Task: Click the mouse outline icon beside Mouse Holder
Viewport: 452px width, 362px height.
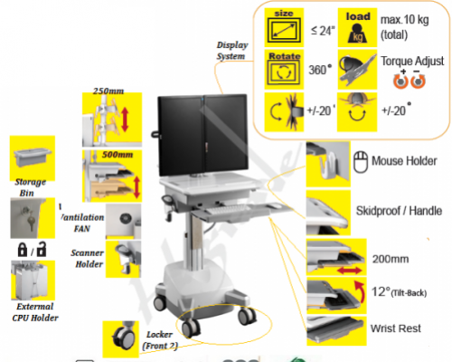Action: (361, 162)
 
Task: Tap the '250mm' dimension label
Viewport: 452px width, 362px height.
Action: (108, 90)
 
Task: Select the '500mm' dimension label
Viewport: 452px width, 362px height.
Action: (118, 155)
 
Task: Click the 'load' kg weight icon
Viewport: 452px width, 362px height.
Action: (357, 27)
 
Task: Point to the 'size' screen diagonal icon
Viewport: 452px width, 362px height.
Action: (284, 27)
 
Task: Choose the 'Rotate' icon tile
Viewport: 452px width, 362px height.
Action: (284, 70)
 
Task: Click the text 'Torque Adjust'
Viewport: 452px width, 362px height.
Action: (412, 62)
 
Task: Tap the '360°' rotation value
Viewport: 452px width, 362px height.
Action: (320, 70)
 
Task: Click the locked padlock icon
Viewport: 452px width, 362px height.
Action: (23, 250)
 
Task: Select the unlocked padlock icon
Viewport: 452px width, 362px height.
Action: (42, 249)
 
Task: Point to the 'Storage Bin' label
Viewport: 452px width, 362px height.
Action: (30, 187)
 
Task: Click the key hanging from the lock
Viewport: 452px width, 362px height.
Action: (31, 221)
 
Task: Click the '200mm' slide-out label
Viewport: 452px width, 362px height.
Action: (391, 259)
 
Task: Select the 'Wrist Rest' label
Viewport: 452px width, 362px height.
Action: (396, 329)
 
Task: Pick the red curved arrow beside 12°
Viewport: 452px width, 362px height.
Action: (360, 291)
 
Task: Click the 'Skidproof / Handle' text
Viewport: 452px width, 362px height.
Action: (399, 211)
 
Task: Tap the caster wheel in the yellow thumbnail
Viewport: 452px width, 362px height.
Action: (123, 337)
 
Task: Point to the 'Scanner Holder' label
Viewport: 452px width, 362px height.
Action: (88, 259)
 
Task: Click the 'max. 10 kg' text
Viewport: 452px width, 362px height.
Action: (404, 20)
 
